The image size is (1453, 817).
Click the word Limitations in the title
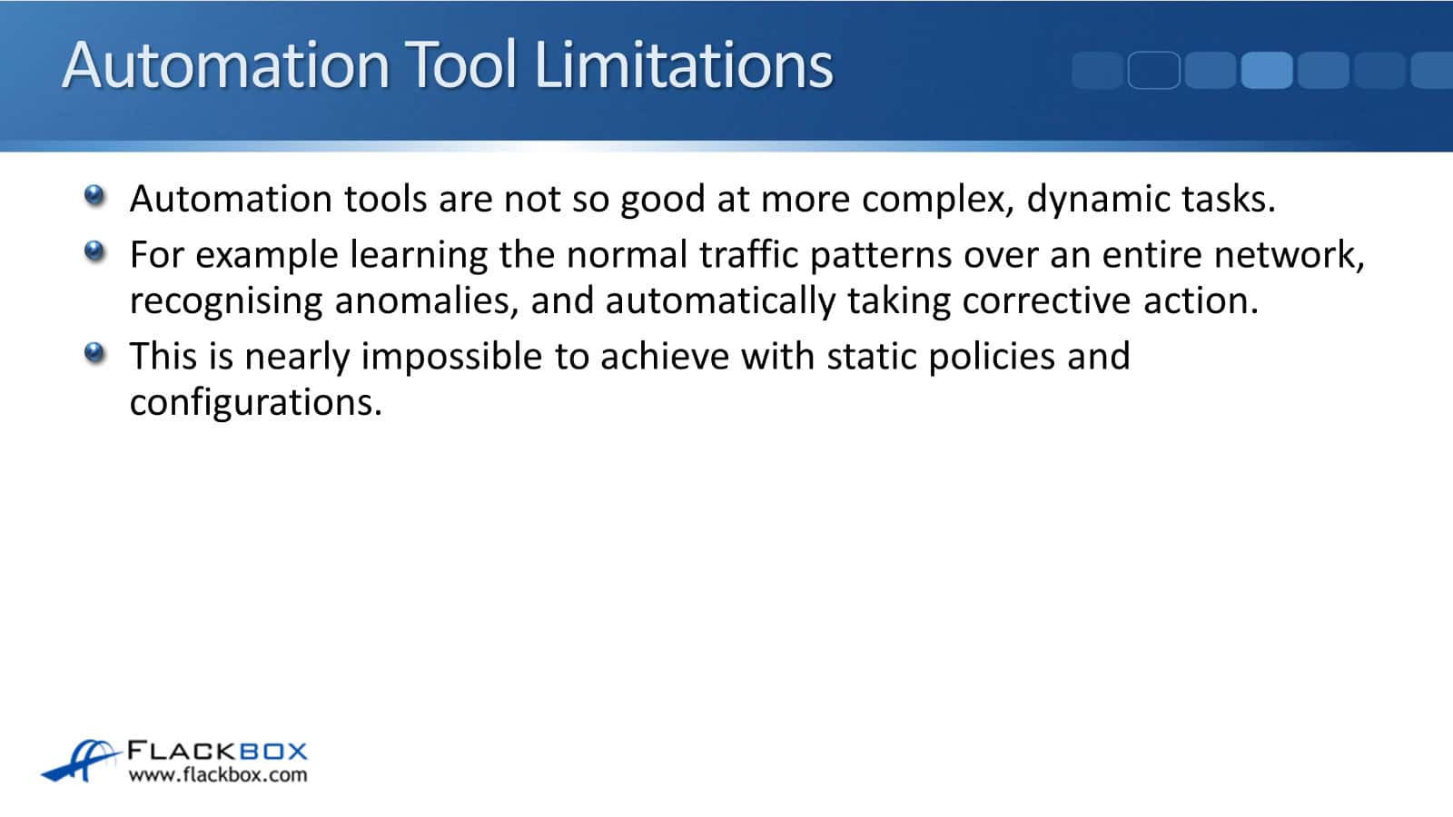coord(683,64)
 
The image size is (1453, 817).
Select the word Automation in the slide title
coord(226,64)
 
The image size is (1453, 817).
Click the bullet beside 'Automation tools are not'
coord(94,195)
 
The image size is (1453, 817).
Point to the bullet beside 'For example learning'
coord(94,251)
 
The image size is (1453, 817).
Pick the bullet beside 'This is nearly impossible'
coord(94,353)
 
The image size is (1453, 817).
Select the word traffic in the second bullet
coord(748,254)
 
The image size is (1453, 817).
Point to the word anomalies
coord(426,301)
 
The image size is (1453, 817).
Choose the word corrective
coord(1046,301)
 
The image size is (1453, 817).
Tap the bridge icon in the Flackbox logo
coord(81,761)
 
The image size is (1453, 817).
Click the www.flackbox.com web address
coord(218,775)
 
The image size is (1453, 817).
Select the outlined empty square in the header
coord(1153,70)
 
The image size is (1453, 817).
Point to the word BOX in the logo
coord(273,752)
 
